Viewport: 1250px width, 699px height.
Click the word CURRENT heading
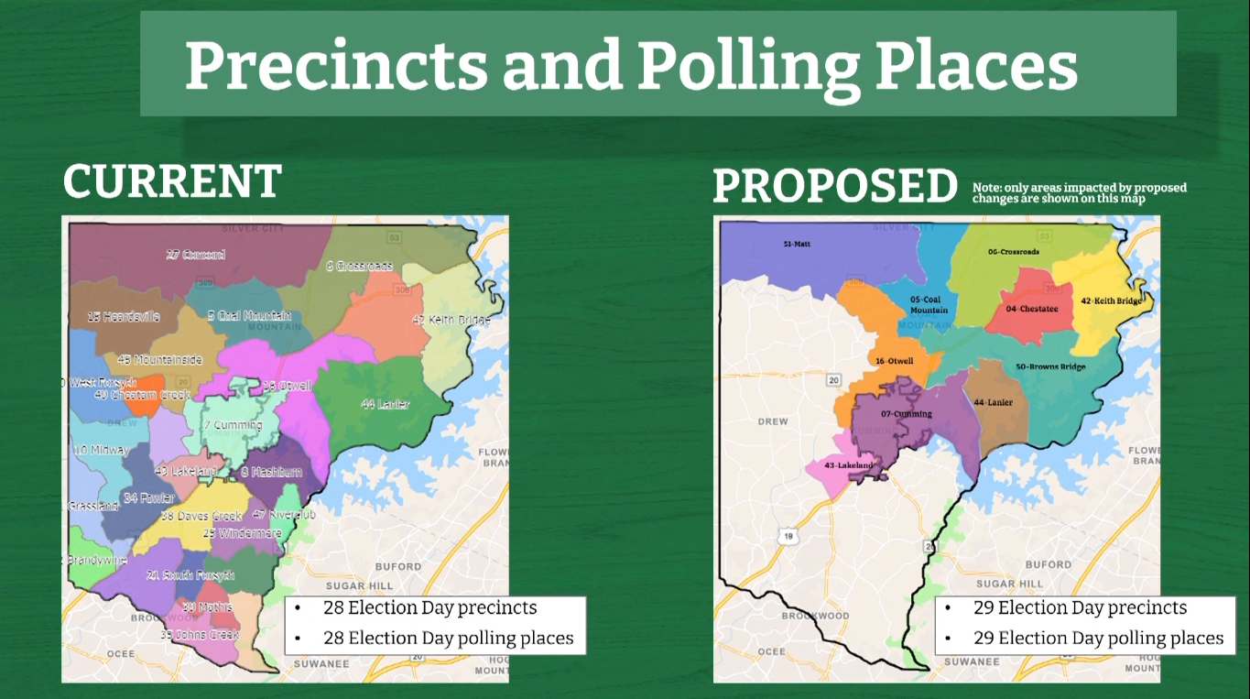tap(172, 181)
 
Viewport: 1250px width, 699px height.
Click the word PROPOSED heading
tap(835, 187)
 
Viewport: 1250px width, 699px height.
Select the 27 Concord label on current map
tap(196, 255)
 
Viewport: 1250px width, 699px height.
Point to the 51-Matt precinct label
tap(797, 245)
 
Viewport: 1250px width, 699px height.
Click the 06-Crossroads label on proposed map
tap(1013, 252)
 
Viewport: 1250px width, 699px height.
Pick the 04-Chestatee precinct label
tap(1031, 309)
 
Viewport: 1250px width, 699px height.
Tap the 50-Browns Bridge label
tap(1050, 367)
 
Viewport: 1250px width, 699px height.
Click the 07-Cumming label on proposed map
tap(907, 414)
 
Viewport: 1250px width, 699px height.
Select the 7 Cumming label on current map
tap(233, 425)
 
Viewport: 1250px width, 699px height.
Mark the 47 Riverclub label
tap(284, 515)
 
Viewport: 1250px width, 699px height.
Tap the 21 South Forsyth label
tap(190, 575)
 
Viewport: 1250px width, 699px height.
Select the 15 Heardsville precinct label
tap(124, 317)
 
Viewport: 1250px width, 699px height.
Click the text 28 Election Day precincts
tap(429, 608)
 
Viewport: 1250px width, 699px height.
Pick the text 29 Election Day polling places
tap(1098, 638)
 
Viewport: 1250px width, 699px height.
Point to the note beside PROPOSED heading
tap(1079, 192)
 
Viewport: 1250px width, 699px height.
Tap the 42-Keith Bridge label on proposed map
tap(1111, 300)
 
